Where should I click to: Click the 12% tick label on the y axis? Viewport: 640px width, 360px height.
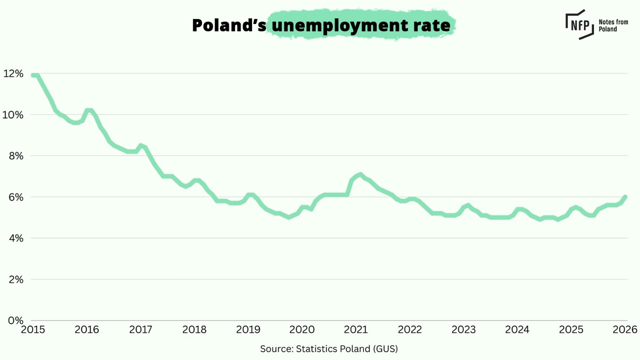(x=13, y=74)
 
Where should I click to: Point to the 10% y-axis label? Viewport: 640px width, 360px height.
(x=13, y=115)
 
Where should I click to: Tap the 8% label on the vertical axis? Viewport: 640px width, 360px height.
(x=16, y=156)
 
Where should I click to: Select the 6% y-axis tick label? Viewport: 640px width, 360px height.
(x=16, y=197)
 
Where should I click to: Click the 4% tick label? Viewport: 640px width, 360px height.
(x=16, y=238)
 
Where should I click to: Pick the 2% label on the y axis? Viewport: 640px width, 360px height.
(x=16, y=280)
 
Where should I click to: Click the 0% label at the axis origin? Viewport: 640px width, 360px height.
(x=16, y=320)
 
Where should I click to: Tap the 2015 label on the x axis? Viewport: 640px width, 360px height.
(x=33, y=330)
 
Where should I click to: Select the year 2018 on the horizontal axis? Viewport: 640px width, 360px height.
(x=194, y=330)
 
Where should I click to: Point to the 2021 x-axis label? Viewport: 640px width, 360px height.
(x=356, y=330)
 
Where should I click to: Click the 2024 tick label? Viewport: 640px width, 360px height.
(x=517, y=330)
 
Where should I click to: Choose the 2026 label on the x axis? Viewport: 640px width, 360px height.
(x=625, y=330)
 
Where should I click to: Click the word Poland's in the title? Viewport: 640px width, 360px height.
(x=229, y=25)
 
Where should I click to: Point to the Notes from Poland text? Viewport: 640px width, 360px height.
(x=613, y=26)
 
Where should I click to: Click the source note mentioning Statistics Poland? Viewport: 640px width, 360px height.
(x=329, y=349)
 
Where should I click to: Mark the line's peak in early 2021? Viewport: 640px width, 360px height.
(x=360, y=175)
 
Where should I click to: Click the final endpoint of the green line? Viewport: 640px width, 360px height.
(x=625, y=197)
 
